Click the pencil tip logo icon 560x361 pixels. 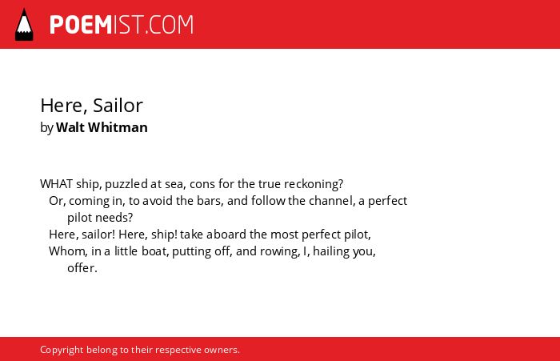click(x=24, y=25)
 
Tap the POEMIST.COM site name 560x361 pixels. click(x=122, y=25)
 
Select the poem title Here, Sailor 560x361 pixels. click(x=91, y=106)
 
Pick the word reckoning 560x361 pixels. click(x=314, y=184)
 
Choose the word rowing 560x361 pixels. click(x=280, y=251)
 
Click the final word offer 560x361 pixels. click(x=82, y=268)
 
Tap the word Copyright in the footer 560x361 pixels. click(x=62, y=350)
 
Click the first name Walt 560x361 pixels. click(x=70, y=127)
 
